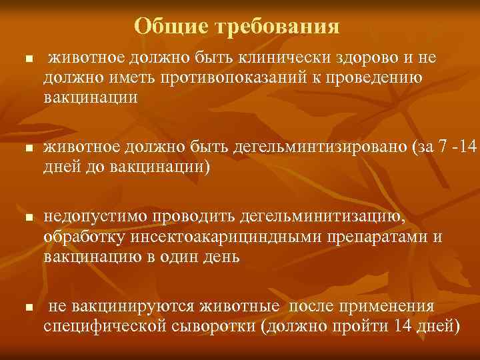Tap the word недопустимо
(95, 217)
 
